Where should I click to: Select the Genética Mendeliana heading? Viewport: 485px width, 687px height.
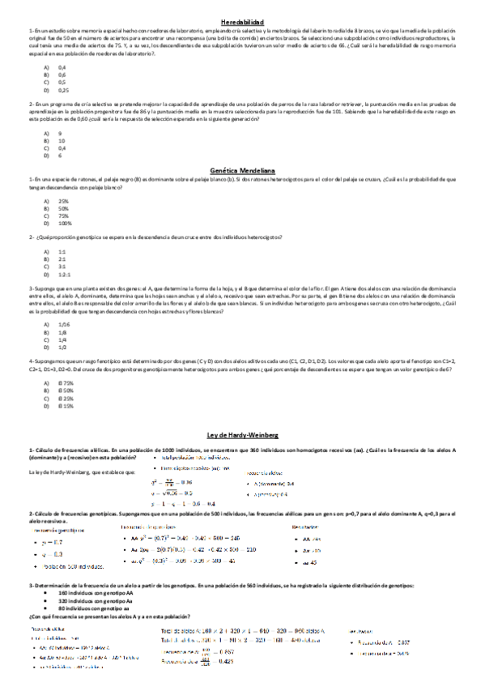(x=242, y=171)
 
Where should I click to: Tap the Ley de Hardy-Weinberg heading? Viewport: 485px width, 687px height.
(x=242, y=436)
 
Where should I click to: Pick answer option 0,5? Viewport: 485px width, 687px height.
(x=62, y=82)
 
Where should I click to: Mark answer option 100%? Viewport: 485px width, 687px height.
(x=65, y=223)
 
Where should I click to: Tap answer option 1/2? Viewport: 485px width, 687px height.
(x=62, y=346)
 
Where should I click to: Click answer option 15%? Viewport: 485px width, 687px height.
(x=67, y=405)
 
